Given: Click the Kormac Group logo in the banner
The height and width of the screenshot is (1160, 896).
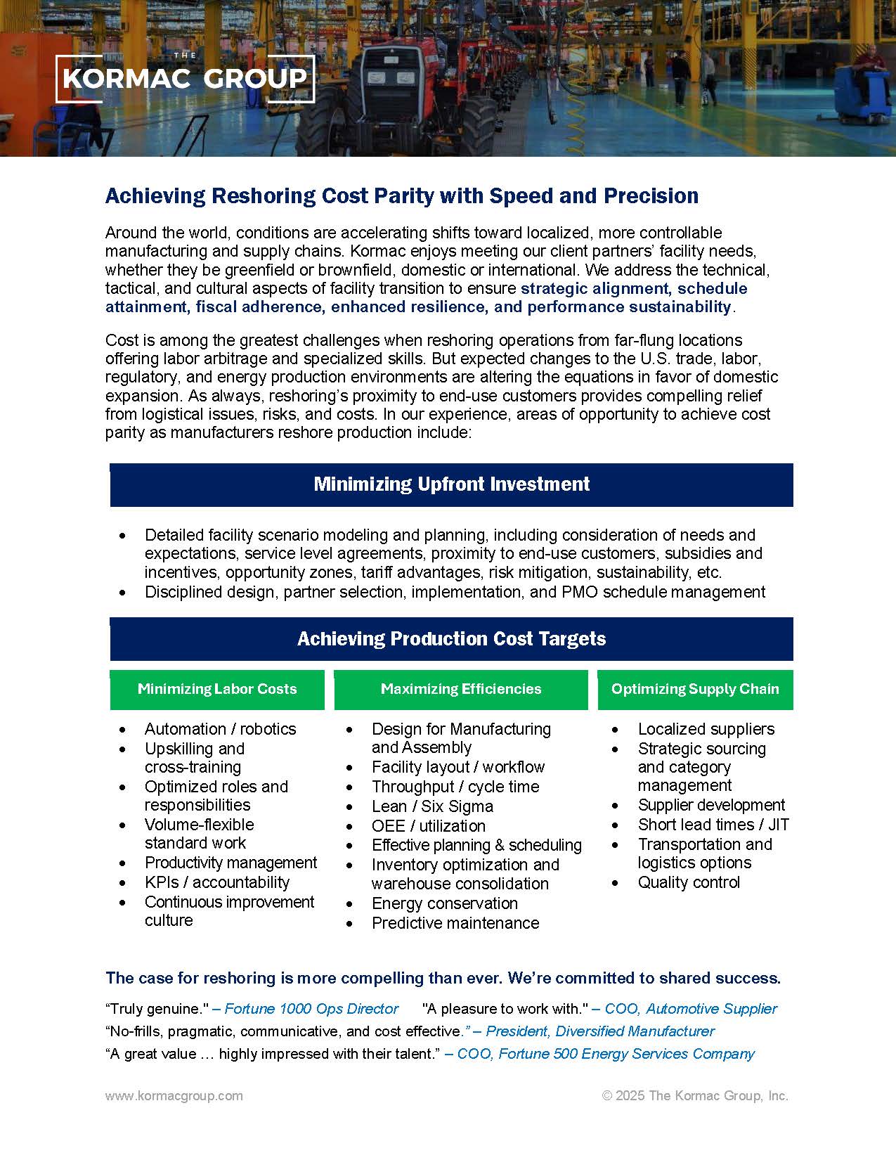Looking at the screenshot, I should [184, 77].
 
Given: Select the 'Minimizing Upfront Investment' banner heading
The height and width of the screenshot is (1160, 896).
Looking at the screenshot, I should [451, 484].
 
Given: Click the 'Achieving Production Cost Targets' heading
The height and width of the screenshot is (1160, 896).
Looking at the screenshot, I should [451, 639].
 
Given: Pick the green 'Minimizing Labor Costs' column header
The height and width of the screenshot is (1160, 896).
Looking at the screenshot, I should [217, 689].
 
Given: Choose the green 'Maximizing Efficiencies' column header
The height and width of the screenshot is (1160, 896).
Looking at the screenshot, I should [461, 689].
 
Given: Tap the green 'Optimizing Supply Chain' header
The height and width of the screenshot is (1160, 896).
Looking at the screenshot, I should [695, 689].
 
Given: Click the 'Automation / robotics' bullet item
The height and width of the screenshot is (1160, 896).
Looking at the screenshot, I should [220, 729].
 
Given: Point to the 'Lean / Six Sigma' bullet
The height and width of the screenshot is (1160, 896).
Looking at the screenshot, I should [432, 806].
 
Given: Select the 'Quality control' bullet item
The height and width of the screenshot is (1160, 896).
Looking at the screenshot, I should [689, 882].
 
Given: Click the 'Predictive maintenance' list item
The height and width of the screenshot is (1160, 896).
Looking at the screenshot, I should [455, 923].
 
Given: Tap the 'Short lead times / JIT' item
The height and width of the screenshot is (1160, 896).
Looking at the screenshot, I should [713, 825].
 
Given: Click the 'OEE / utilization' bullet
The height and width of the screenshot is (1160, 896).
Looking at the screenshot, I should [429, 826].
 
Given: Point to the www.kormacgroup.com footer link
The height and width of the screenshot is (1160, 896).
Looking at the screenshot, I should [174, 1095].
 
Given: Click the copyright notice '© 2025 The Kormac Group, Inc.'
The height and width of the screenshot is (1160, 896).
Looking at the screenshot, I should [695, 1095].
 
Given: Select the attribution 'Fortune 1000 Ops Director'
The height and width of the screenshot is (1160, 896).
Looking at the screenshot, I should [311, 1009].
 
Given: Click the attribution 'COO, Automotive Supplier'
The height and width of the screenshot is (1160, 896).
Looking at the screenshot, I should [691, 1009].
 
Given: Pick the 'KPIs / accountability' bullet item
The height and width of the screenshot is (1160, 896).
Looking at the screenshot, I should [217, 882].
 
